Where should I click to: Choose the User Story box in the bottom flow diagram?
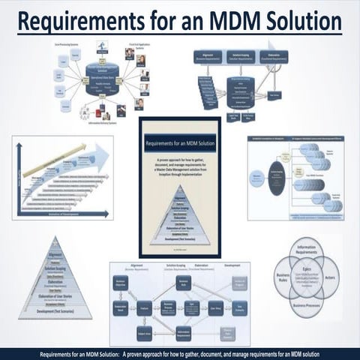click(x=214, y=307)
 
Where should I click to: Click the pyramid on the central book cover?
click(x=178, y=218)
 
